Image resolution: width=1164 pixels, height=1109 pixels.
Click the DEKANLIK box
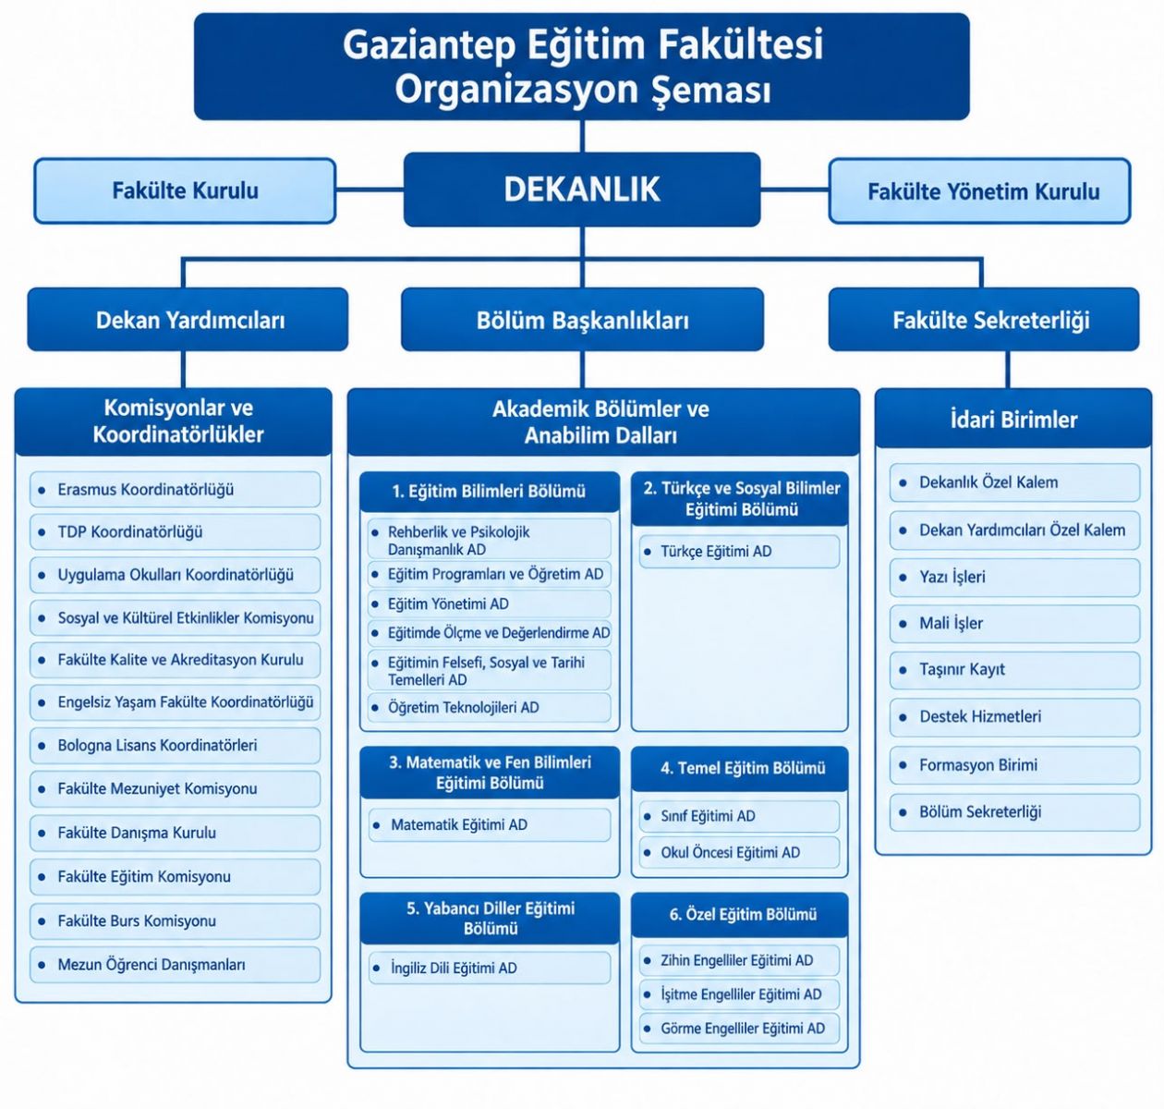pyautogui.click(x=581, y=189)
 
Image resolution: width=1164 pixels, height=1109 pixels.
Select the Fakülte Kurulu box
pyautogui.click(x=185, y=190)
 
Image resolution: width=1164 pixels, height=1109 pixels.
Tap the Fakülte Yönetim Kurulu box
pyautogui.click(x=979, y=190)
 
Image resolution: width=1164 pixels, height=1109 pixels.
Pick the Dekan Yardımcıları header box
pyautogui.click(x=188, y=320)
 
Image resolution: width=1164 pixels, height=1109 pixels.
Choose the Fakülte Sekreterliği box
pyautogui.click(x=984, y=320)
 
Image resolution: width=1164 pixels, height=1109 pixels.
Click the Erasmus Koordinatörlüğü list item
pyautogui.click(x=176, y=489)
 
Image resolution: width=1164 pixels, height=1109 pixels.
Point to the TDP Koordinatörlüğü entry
pyautogui.click(x=176, y=531)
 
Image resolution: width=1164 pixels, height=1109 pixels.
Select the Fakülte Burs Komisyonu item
pyautogui.click(x=176, y=920)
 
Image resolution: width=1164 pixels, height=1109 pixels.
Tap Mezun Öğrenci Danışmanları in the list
pyautogui.click(x=176, y=965)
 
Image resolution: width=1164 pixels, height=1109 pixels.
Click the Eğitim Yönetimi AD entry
pyautogui.click(x=489, y=603)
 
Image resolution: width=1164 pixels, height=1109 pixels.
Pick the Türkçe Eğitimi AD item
pyautogui.click(x=739, y=552)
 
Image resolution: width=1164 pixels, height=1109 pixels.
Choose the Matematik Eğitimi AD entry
pyautogui.click(x=490, y=824)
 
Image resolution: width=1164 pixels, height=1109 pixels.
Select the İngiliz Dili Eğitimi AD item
pyautogui.click(x=490, y=968)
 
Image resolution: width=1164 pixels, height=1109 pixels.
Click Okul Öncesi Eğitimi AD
pyautogui.click(x=739, y=852)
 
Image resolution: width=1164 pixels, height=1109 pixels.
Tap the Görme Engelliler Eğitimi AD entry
pyautogui.click(x=739, y=1029)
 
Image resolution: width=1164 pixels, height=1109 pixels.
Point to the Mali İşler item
pyautogui.click(x=1014, y=623)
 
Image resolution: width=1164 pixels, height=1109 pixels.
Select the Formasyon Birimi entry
pyautogui.click(x=1014, y=765)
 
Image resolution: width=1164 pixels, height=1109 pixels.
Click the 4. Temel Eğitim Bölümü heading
pyautogui.click(x=740, y=768)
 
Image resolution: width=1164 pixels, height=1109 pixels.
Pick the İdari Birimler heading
pyautogui.click(x=1013, y=420)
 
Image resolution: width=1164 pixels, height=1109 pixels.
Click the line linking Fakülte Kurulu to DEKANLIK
pyautogui.click(x=370, y=190)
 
